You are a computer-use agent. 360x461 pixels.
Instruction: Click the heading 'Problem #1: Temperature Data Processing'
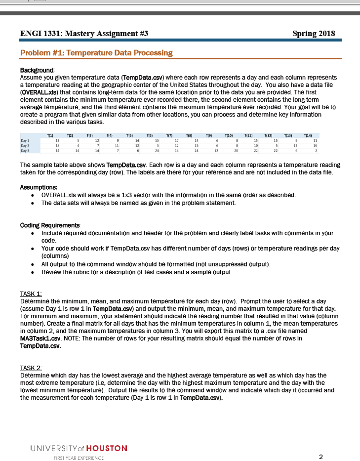click(x=96, y=53)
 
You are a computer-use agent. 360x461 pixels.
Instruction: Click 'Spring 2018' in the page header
click(x=314, y=34)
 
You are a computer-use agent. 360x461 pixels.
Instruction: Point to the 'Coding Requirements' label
click(x=50, y=225)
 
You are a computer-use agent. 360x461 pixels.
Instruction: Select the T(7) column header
click(x=169, y=135)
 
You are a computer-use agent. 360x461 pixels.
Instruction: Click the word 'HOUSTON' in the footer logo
click(x=107, y=448)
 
